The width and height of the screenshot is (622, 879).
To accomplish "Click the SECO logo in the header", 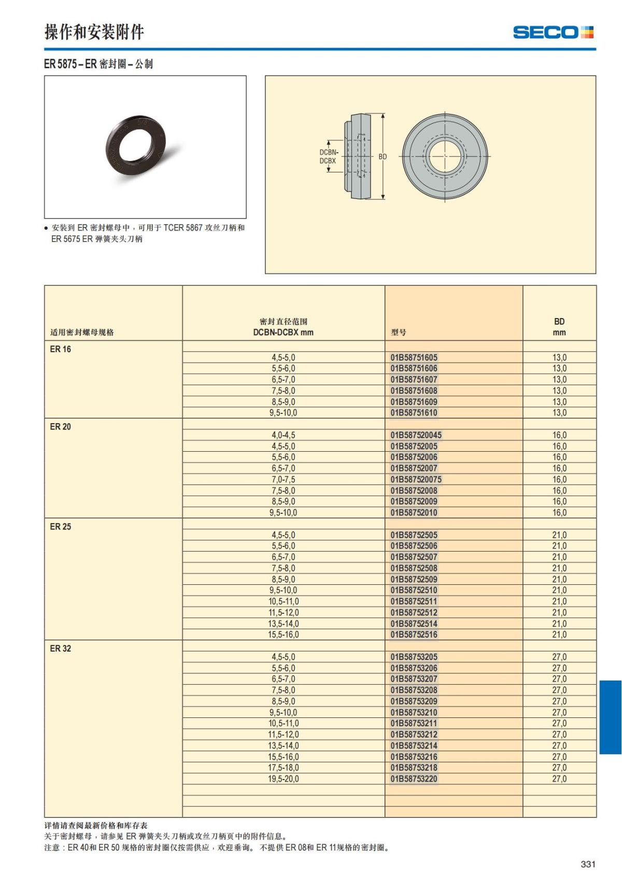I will click(x=553, y=32).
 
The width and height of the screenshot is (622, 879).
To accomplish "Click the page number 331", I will click(x=588, y=864).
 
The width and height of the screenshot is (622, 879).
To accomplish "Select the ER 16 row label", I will click(x=61, y=349).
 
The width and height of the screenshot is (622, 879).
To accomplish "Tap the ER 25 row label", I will click(x=61, y=527).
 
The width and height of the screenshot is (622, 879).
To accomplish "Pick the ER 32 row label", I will click(x=61, y=649).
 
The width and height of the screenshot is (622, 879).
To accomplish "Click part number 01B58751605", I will click(x=414, y=357).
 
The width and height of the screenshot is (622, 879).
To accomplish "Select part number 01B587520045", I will click(x=416, y=435).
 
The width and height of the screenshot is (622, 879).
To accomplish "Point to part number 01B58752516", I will click(x=414, y=635).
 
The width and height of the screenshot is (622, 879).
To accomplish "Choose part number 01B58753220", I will click(x=414, y=779).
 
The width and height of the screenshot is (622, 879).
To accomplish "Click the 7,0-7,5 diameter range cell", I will click(x=284, y=480).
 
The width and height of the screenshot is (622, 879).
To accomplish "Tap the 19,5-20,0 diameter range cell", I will click(x=284, y=779).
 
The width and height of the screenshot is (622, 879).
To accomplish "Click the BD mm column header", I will click(x=559, y=327).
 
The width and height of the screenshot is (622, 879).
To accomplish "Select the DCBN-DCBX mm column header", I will click(x=284, y=327).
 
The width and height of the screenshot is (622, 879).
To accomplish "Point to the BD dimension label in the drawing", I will click(x=383, y=156).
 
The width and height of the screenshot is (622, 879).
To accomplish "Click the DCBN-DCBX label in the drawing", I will click(x=328, y=156).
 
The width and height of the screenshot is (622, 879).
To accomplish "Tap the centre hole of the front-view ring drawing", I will click(x=445, y=156).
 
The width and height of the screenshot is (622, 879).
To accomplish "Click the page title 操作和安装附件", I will click(x=94, y=32).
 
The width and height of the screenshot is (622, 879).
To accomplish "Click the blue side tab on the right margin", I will click(x=610, y=717).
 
